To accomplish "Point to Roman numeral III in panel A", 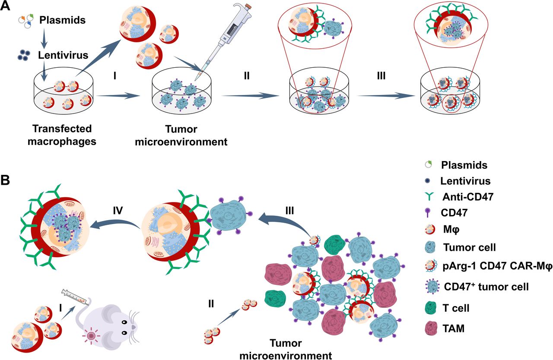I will click(x=381, y=76).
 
